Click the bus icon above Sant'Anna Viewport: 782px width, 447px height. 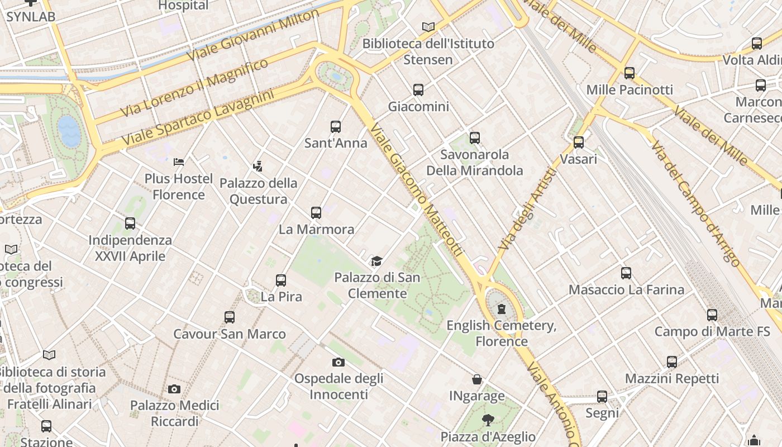(x=336, y=127)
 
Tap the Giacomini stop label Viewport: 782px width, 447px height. (x=418, y=106)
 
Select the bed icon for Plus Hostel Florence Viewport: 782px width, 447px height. (x=179, y=162)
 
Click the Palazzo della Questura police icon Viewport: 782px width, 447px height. (x=258, y=166)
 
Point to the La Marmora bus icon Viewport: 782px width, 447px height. (x=316, y=213)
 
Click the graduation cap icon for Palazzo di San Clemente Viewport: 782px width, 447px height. (x=377, y=261)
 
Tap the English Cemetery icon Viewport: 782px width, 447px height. (x=502, y=309)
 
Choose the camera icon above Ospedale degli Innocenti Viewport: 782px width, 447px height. (x=338, y=362)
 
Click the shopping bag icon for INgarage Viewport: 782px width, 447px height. (x=477, y=380)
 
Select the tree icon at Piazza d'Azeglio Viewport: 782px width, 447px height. (x=488, y=420)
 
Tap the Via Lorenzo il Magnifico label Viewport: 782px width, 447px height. (x=195, y=88)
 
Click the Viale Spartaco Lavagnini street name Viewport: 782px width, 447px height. (x=198, y=118)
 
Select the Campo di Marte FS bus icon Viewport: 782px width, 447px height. (x=712, y=315)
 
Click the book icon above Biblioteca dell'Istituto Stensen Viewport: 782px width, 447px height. (x=428, y=27)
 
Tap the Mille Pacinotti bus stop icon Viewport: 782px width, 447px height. (x=630, y=73)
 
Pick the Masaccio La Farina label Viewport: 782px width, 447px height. (x=626, y=289)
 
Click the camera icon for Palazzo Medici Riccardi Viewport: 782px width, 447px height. (x=174, y=389)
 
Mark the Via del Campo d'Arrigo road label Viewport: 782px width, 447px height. (x=696, y=203)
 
